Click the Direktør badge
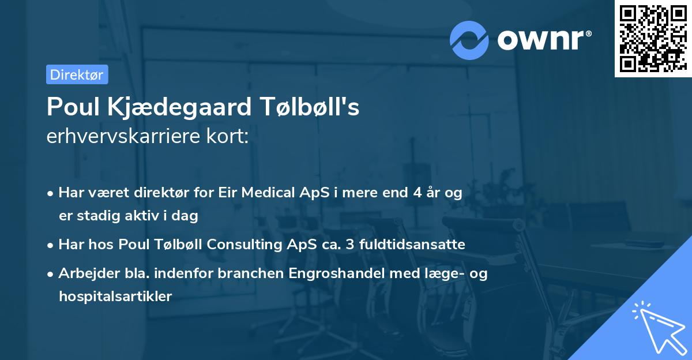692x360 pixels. [77, 74]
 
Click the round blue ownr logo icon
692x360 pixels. [469, 40]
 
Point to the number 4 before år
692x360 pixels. [417, 193]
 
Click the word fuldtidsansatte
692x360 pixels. [412, 245]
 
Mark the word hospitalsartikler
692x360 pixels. [115, 297]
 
